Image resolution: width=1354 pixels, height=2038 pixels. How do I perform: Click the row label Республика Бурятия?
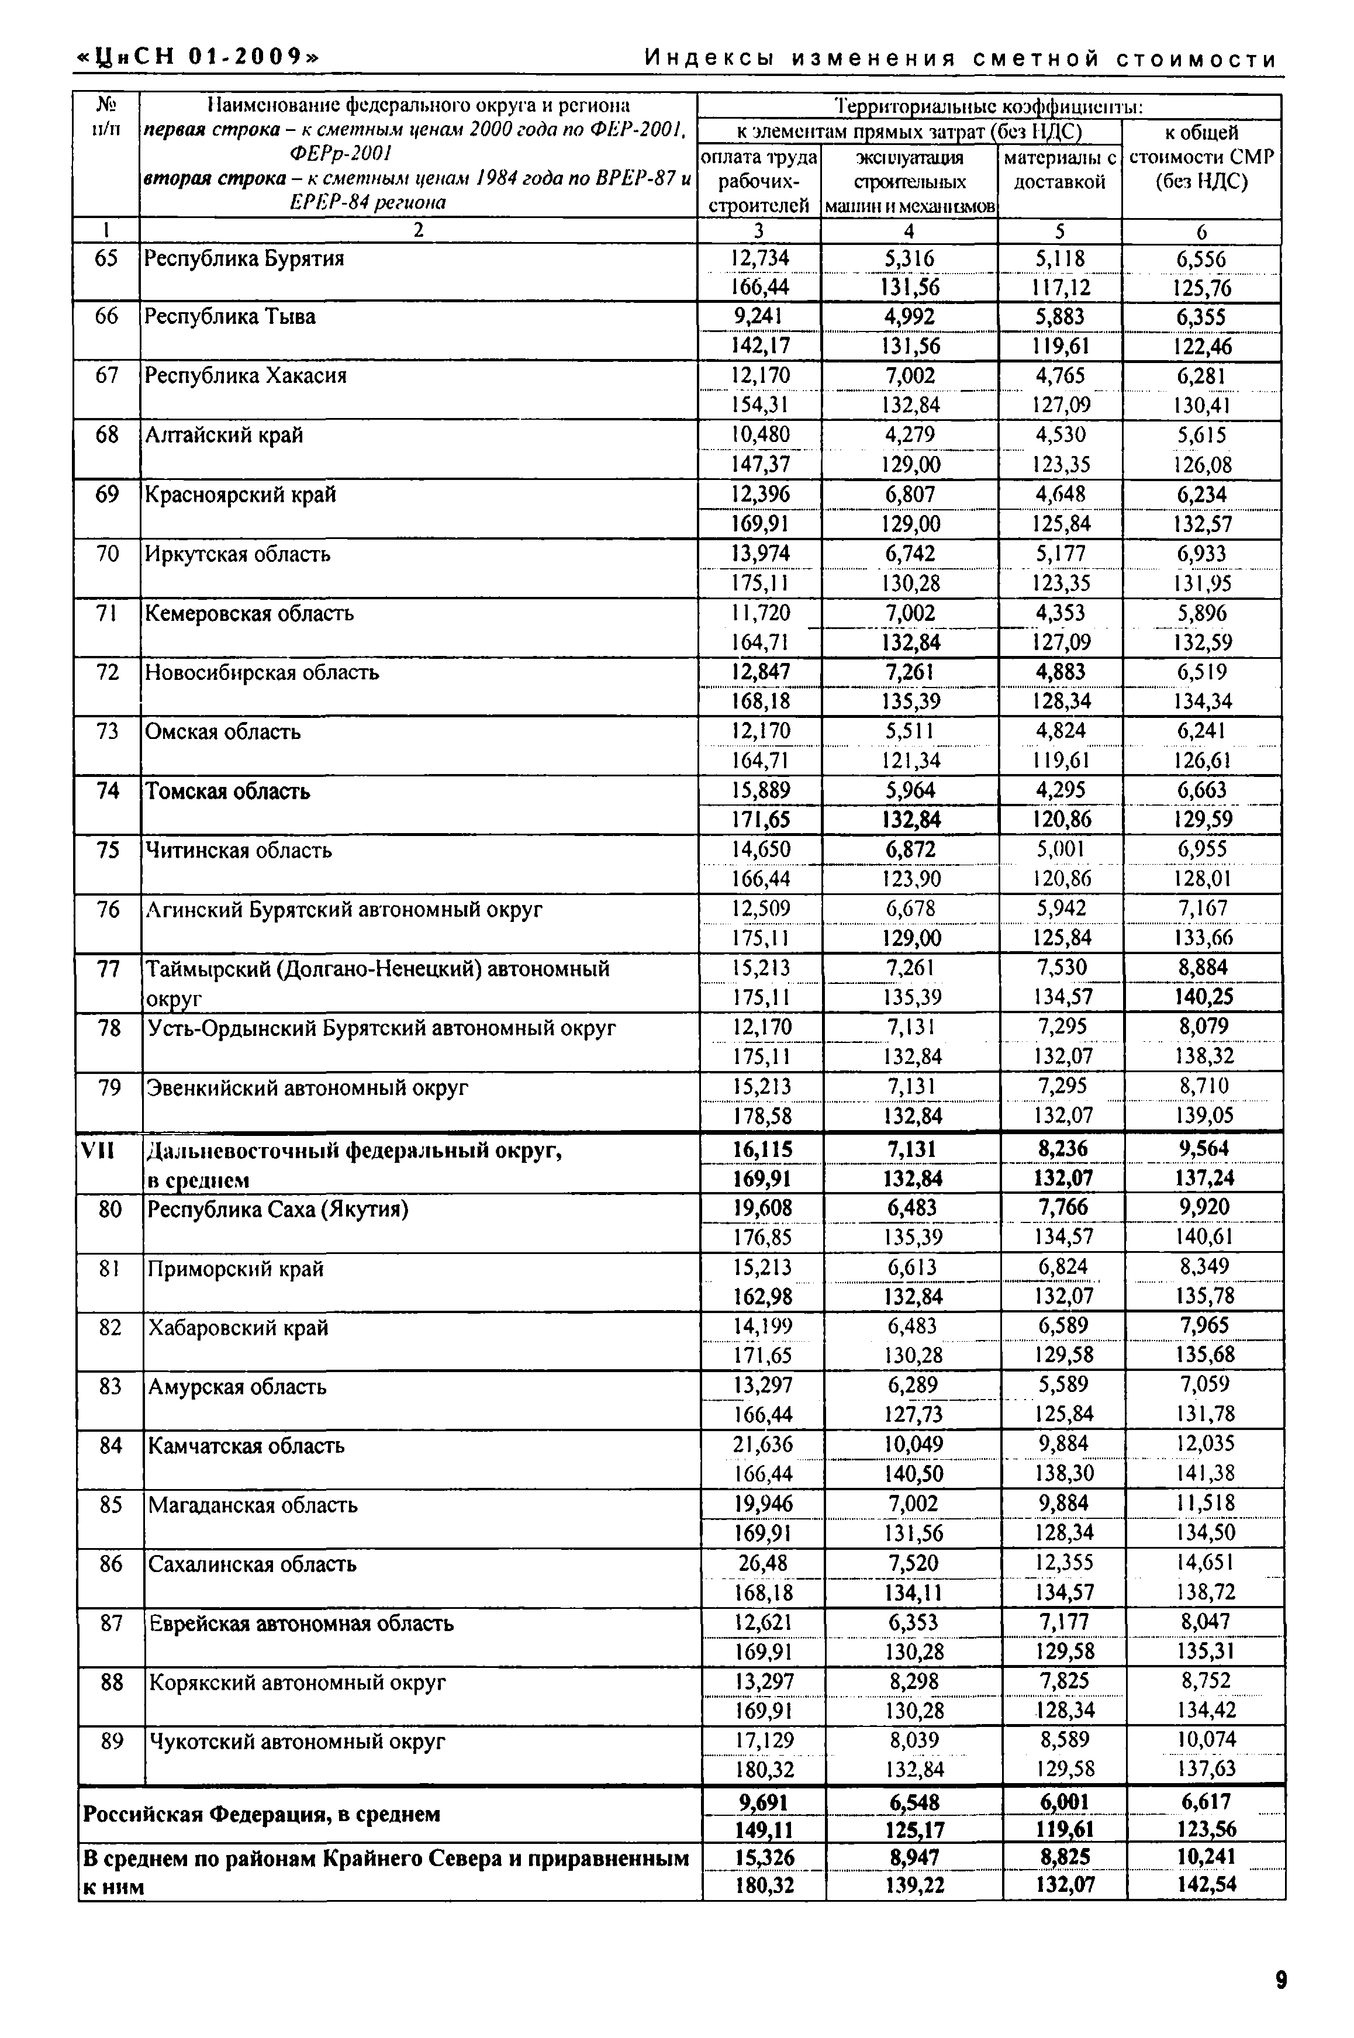(x=244, y=259)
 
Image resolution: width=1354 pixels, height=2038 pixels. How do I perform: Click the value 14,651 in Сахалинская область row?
(x=1206, y=1562)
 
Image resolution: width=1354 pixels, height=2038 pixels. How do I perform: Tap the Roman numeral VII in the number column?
(x=98, y=1149)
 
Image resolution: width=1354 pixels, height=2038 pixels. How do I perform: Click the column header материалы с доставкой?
(x=1059, y=170)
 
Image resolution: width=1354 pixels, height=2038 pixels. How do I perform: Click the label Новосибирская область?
(x=262, y=672)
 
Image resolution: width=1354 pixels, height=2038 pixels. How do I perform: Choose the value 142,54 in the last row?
(x=1206, y=1884)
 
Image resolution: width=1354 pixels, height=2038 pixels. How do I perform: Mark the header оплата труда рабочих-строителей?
(x=759, y=181)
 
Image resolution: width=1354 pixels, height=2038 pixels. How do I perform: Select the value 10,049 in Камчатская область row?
(x=913, y=1444)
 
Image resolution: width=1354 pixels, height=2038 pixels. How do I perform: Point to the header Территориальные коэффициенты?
(x=988, y=107)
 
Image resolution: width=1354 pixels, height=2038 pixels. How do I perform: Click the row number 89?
(x=112, y=1742)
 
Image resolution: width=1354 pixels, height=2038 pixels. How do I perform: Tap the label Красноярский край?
(x=240, y=495)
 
